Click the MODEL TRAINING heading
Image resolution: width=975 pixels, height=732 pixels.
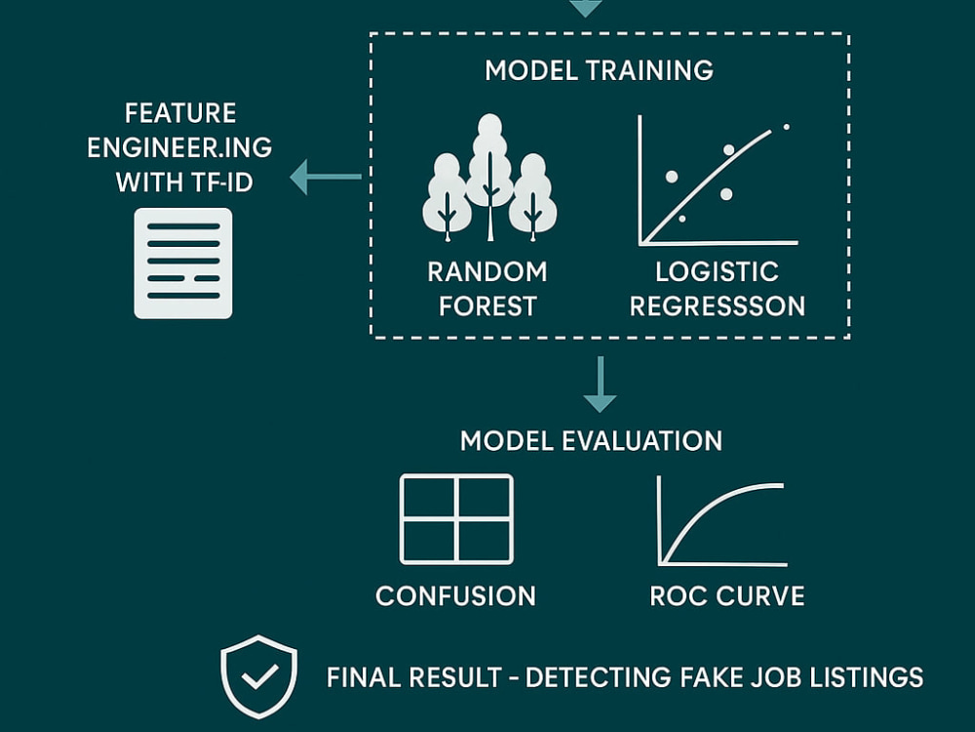point(599,70)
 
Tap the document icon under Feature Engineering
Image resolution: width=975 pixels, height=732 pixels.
point(183,264)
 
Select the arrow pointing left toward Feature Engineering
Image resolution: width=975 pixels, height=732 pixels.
point(326,177)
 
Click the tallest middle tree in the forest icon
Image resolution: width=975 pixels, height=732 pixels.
point(490,178)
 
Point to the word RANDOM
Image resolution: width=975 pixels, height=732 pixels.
point(487,272)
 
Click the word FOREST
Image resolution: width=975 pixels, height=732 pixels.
point(488,306)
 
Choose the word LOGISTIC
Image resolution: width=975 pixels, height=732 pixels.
point(717,272)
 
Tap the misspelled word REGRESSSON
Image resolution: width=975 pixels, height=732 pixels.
point(718,306)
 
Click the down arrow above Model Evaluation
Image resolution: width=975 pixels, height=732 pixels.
point(600,384)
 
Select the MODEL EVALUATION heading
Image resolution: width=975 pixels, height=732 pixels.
point(592,441)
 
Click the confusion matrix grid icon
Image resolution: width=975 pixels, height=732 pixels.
point(456,519)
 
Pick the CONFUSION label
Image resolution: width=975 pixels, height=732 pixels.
point(455,595)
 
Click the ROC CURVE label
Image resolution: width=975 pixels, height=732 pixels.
point(727,595)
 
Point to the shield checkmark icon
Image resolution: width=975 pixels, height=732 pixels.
point(259,676)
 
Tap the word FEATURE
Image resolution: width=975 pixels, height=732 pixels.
point(180,113)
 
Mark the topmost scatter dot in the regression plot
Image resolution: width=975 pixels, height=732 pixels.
point(787,127)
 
